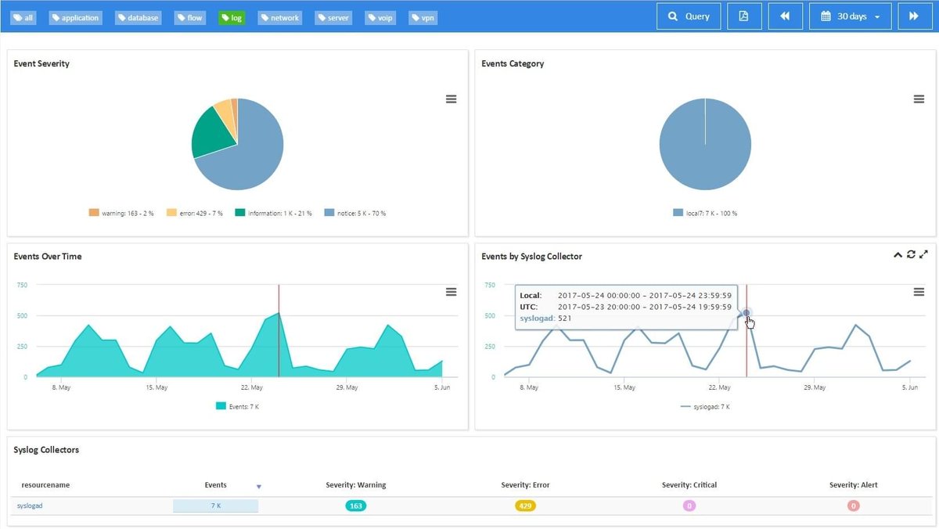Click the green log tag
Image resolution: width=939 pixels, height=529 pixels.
click(x=232, y=17)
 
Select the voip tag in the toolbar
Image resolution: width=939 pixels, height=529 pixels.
click(x=380, y=17)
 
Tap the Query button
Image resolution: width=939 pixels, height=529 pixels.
click(x=689, y=16)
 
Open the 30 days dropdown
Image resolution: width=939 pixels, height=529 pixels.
click(x=850, y=16)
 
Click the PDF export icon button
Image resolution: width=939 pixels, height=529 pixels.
click(x=743, y=16)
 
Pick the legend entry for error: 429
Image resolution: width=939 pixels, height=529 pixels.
click(x=195, y=213)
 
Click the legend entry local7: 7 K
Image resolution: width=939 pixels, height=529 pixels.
click(x=704, y=213)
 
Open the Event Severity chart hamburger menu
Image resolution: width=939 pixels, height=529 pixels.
click(x=451, y=99)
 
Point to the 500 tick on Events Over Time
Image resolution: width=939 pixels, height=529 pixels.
click(x=22, y=315)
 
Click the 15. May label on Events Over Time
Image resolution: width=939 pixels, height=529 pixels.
click(x=156, y=387)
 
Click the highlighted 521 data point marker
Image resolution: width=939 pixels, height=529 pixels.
click(x=747, y=313)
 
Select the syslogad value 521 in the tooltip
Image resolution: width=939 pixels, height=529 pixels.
click(x=564, y=318)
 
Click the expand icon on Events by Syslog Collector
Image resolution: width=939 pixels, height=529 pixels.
click(x=924, y=254)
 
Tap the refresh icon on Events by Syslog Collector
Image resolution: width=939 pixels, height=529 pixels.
click(x=911, y=254)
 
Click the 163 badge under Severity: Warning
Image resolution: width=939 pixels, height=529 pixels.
click(x=356, y=506)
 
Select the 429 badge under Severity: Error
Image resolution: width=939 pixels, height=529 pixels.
click(x=525, y=506)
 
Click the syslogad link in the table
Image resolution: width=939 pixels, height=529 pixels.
click(x=30, y=506)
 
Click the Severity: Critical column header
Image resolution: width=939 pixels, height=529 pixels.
click(x=689, y=485)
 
